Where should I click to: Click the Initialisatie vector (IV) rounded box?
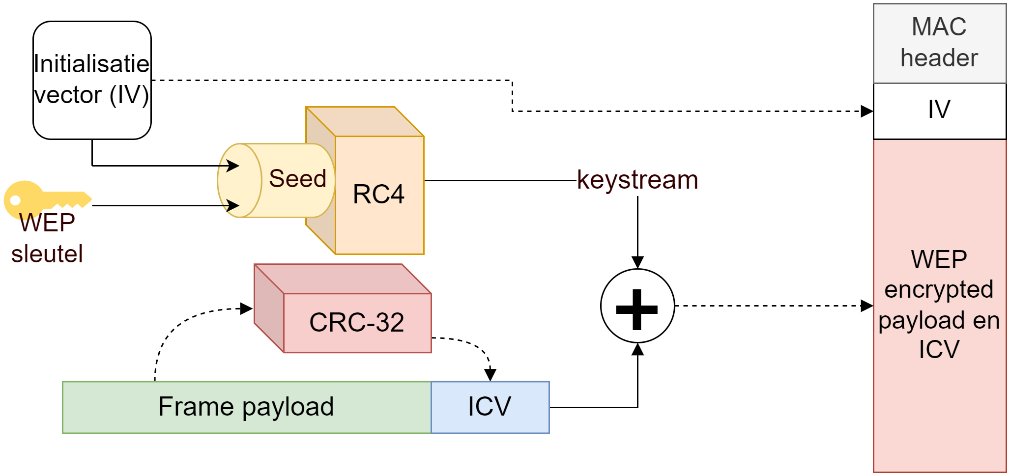(x=92, y=80)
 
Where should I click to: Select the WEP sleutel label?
(x=47, y=239)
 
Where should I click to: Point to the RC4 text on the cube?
(x=378, y=194)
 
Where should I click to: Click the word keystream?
(x=637, y=180)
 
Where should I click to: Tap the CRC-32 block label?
(x=357, y=323)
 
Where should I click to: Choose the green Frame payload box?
(x=246, y=407)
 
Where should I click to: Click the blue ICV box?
(x=490, y=407)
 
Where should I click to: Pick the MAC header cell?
(x=939, y=43)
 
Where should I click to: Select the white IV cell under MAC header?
(x=939, y=111)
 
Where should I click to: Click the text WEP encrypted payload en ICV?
(x=939, y=305)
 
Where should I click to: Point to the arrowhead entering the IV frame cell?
(x=867, y=112)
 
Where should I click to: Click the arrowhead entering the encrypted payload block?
(x=867, y=306)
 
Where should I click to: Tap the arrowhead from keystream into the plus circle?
(x=637, y=262)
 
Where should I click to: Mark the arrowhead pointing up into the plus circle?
(x=637, y=349)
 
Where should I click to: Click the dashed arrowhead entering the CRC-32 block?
(x=247, y=309)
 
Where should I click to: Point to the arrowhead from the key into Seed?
(x=233, y=205)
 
